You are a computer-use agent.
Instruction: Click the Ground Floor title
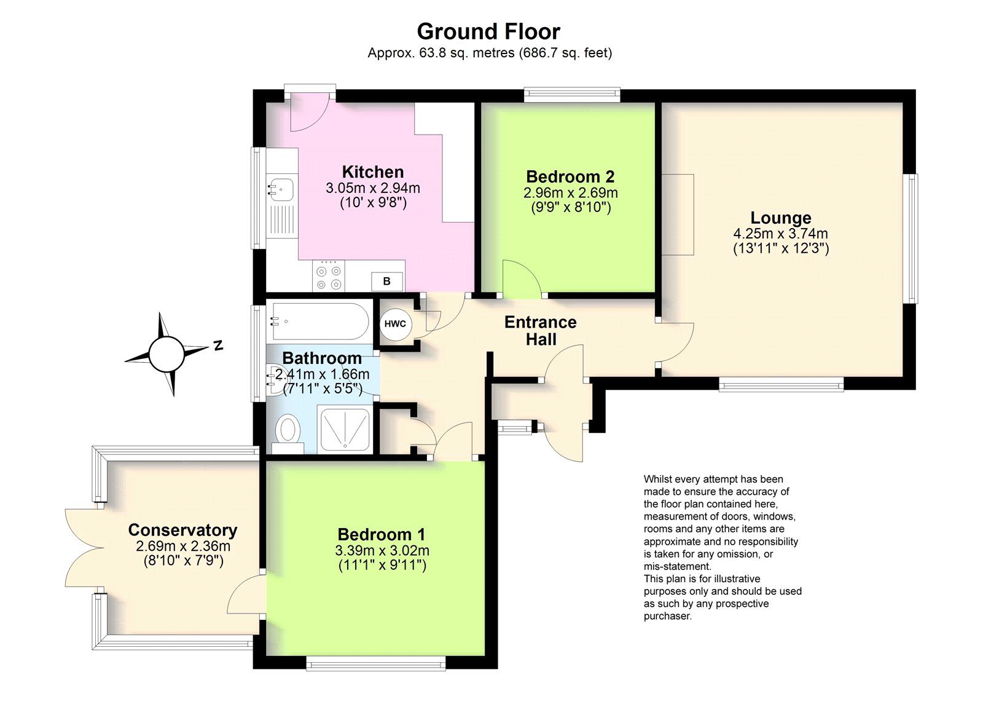point(488,31)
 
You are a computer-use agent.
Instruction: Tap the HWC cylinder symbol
point(395,325)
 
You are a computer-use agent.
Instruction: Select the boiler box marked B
point(386,281)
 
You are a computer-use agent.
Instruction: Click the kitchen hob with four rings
point(328,275)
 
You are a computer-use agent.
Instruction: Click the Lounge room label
point(781,218)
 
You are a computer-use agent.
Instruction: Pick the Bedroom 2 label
point(571,176)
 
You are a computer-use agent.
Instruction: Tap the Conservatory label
point(182,530)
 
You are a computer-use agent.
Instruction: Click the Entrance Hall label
point(541,331)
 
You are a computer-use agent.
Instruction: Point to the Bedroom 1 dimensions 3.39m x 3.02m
point(382,550)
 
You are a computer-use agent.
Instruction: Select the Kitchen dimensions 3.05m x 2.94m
point(373,188)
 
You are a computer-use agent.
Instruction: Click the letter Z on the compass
point(218,346)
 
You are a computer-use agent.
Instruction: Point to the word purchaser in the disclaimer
point(667,617)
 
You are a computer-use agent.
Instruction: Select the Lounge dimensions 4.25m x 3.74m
point(781,234)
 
